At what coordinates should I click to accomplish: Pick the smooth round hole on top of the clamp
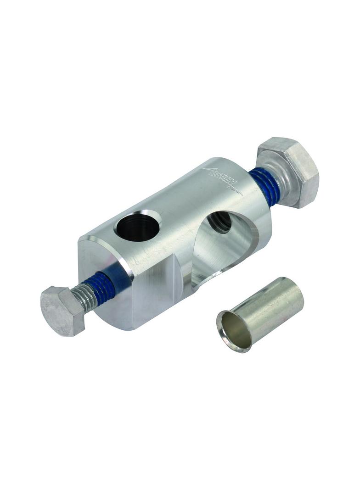138,225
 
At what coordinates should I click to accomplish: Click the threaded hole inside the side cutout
219,222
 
